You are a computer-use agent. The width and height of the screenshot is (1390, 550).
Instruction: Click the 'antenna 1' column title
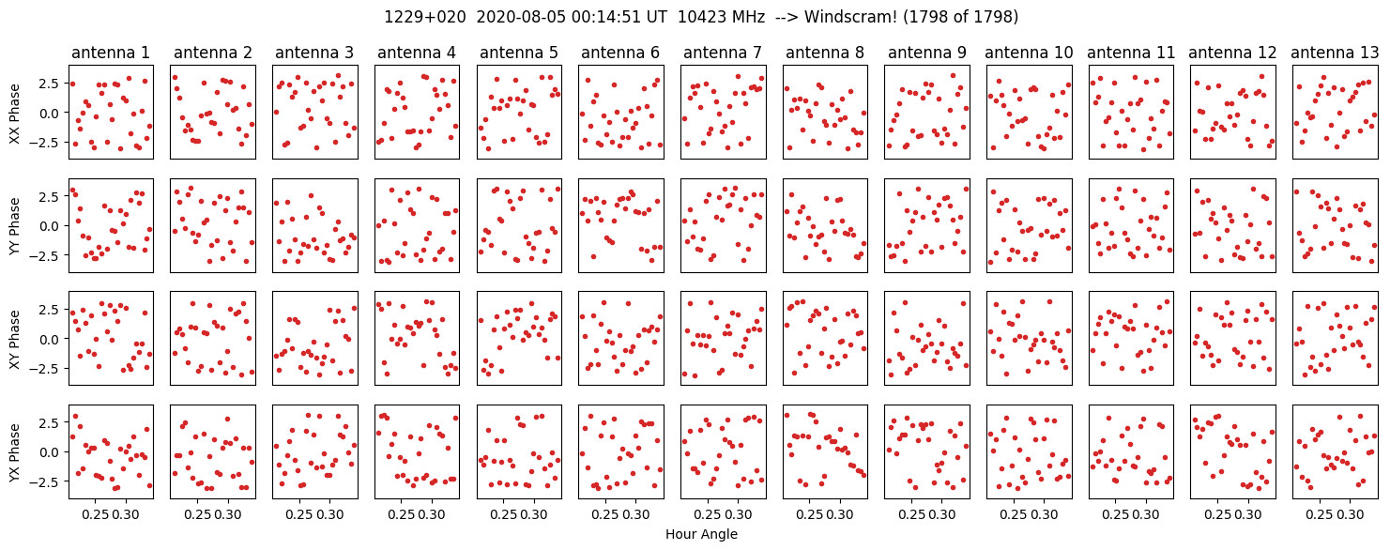[111, 53]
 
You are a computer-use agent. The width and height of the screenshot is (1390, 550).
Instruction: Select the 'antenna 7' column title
[723, 53]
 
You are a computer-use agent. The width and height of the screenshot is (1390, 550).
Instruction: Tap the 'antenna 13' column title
[1335, 53]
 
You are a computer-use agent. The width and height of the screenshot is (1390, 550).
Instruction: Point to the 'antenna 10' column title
[1029, 53]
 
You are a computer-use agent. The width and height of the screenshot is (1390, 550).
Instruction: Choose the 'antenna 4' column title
[417, 53]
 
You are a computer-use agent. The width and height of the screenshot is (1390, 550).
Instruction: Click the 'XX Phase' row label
[14, 113]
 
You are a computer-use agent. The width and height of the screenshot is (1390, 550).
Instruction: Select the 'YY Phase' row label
[14, 226]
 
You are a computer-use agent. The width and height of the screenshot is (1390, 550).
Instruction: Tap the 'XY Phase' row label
[14, 339]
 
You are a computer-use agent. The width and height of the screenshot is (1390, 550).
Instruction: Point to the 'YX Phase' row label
[14, 451]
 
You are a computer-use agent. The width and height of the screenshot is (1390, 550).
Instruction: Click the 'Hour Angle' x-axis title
[701, 534]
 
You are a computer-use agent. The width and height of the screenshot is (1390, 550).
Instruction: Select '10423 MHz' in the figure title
[721, 17]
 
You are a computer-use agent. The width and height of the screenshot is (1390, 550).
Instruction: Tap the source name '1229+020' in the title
[425, 17]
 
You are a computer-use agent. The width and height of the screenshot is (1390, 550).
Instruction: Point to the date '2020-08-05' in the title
[521, 17]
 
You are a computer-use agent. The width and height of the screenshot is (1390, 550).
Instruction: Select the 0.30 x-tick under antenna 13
[1350, 514]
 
